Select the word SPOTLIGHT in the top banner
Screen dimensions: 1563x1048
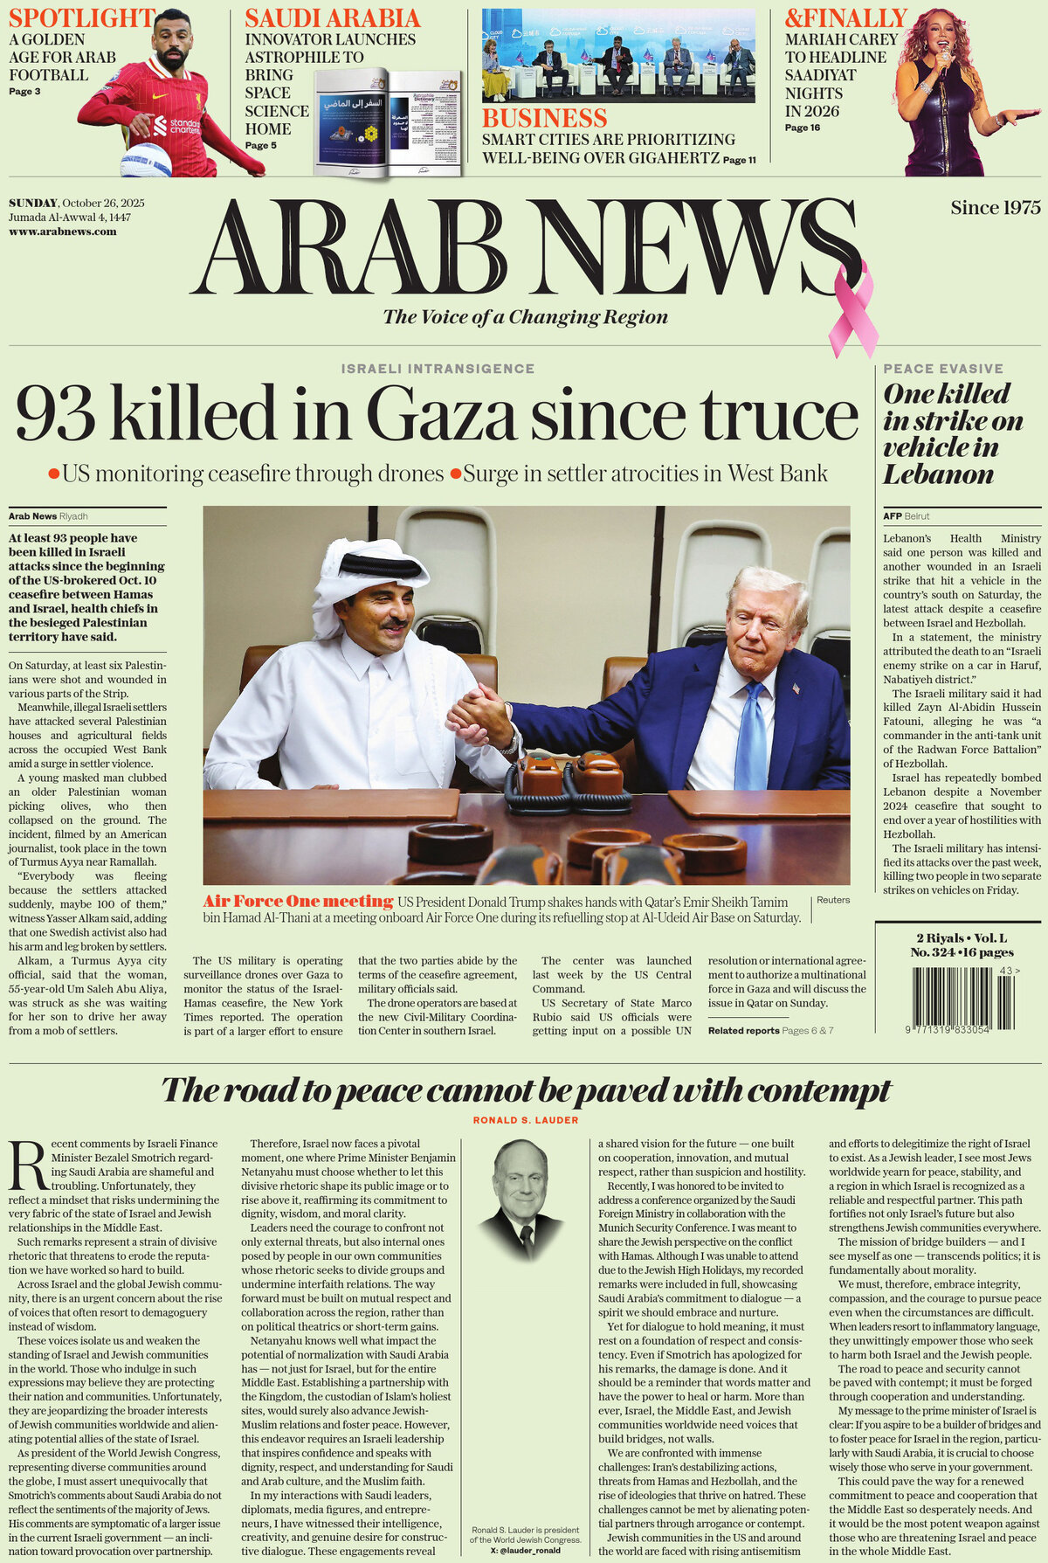81,17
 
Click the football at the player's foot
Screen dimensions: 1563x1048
146,161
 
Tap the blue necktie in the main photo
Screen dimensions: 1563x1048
751,735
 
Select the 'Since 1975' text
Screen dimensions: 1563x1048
996,208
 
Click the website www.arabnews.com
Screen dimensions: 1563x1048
62,232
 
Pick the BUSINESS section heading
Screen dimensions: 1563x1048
544,118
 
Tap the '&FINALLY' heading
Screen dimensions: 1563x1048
845,17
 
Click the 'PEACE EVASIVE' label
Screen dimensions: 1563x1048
943,369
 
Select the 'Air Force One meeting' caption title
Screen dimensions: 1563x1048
298,901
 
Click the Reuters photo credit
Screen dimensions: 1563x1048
833,900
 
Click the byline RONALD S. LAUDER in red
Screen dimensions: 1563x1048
526,1120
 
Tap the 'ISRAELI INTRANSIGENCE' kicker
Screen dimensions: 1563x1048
438,369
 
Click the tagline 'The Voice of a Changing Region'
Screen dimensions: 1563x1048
525,317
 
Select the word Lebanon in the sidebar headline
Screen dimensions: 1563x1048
938,474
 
